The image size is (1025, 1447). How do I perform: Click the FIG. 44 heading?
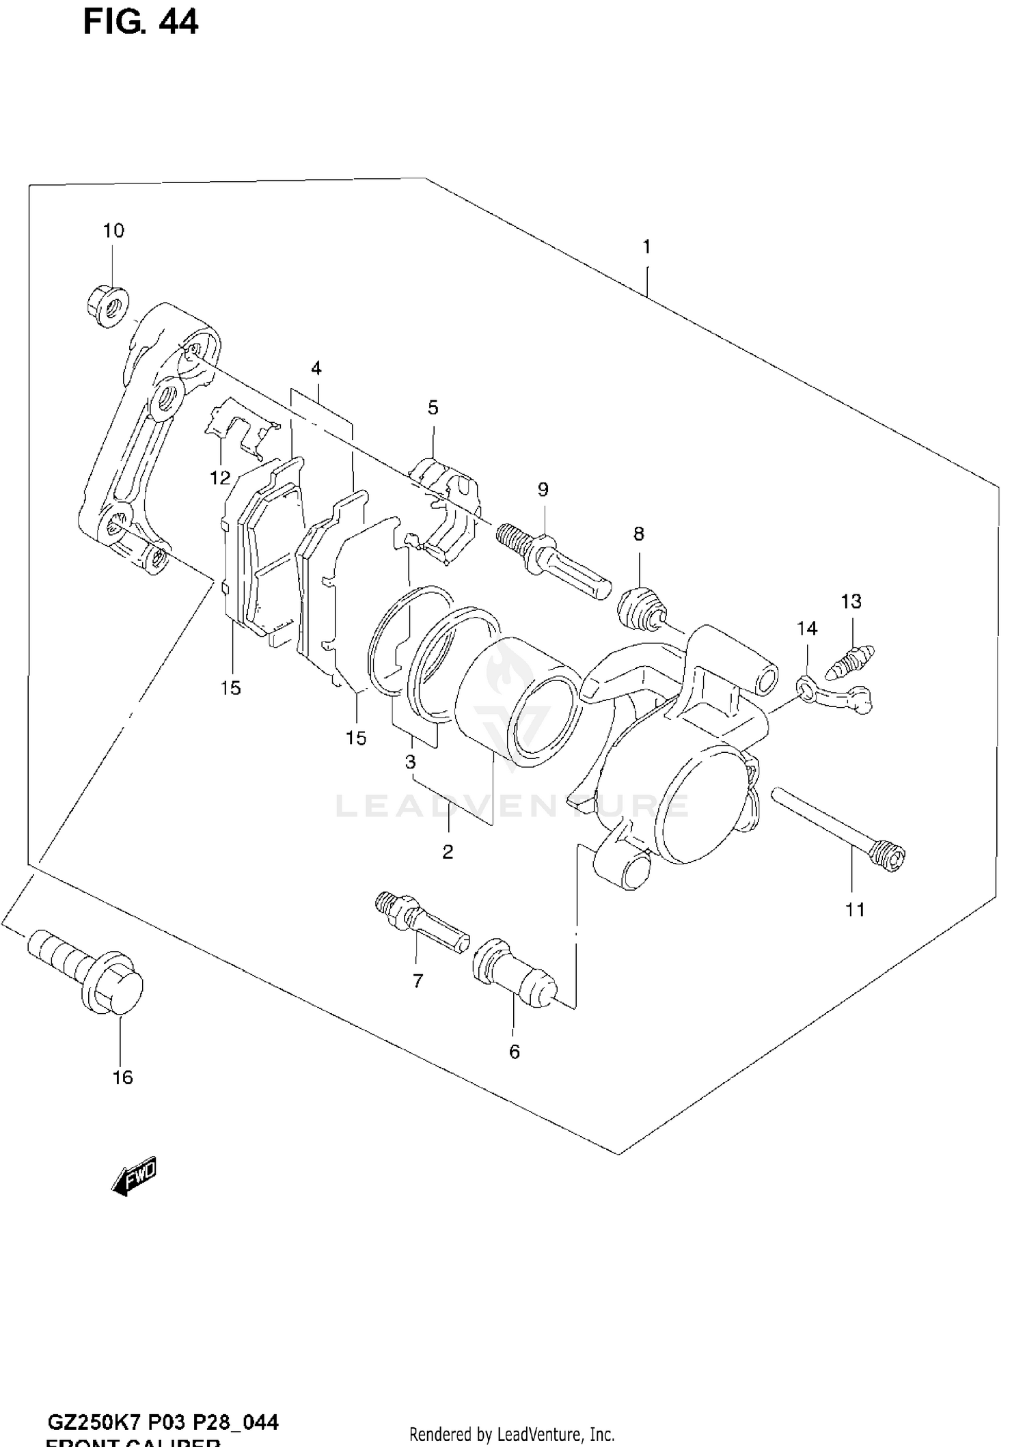point(141,22)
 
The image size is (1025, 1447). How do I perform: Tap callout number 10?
point(113,231)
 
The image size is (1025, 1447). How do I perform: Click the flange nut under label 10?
point(109,306)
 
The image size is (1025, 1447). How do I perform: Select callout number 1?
point(646,247)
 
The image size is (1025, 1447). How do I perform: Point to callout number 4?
point(316,368)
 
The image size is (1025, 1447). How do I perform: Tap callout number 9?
point(543,489)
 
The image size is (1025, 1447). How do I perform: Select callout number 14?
point(807,628)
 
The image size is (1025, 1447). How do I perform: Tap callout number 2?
point(448,852)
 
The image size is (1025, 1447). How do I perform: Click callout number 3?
point(410,761)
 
